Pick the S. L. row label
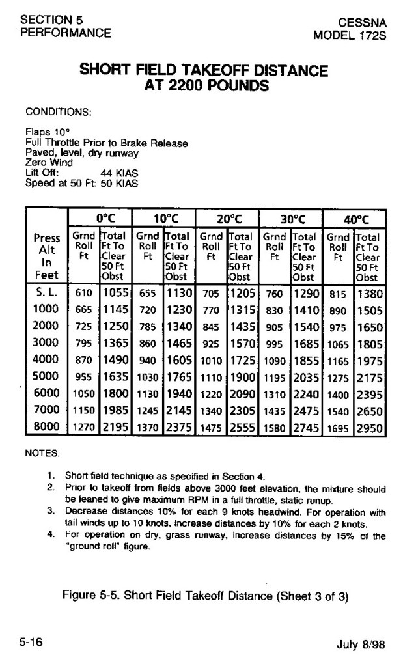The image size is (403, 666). [x=46, y=293]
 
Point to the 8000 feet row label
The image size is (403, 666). [x=46, y=427]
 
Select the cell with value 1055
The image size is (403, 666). [x=115, y=293]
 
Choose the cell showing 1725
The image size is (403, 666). [x=242, y=360]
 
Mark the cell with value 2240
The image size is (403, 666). [x=305, y=394]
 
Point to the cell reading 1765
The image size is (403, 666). [x=178, y=377]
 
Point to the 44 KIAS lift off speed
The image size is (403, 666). [x=120, y=174]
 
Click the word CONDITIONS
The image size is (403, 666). [x=58, y=111]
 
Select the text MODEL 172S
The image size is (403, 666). [x=350, y=35]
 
